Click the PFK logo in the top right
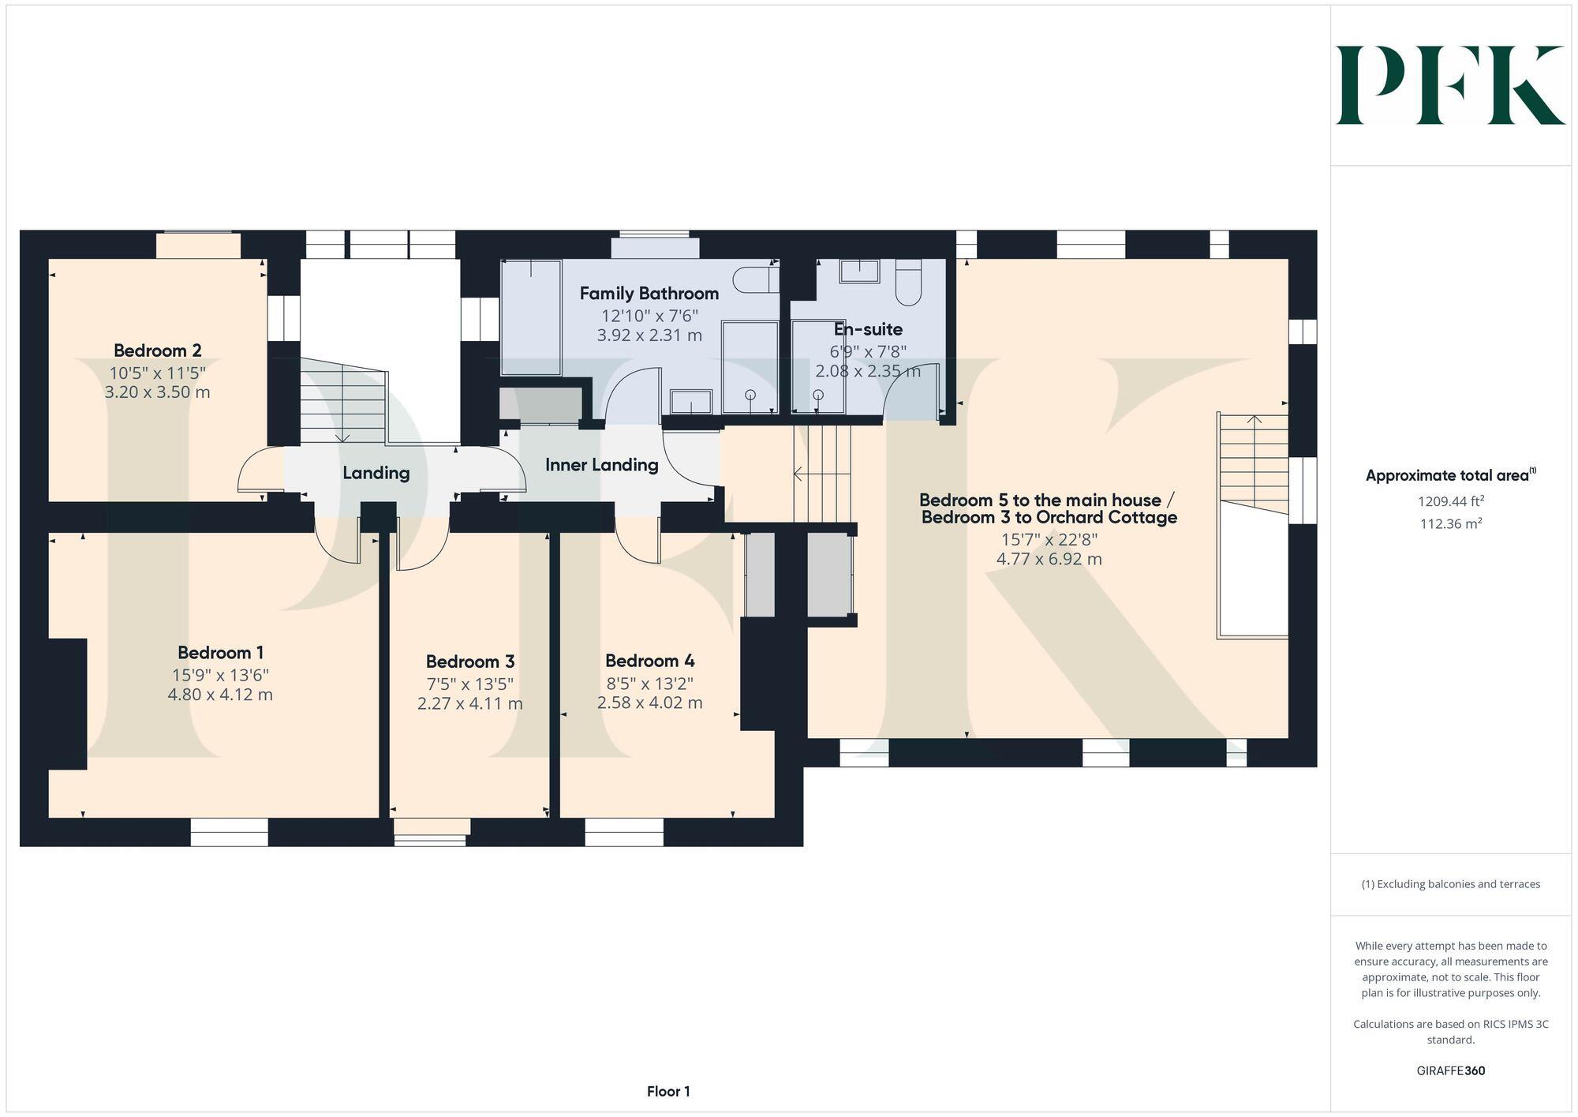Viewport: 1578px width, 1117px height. [1450, 85]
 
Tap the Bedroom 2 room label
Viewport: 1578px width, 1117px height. [158, 350]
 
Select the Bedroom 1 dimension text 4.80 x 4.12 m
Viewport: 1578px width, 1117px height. [220, 695]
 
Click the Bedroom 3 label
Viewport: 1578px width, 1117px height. [470, 662]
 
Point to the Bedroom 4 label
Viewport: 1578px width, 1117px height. [649, 661]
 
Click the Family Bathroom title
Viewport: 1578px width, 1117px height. [649, 294]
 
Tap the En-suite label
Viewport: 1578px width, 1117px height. [868, 329]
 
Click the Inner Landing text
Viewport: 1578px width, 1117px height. [601, 465]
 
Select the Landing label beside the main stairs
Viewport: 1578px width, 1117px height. [376, 473]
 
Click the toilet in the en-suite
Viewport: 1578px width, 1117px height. [908, 283]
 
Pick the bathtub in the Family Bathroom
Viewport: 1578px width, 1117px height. [531, 318]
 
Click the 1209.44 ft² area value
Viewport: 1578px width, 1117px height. [1450, 501]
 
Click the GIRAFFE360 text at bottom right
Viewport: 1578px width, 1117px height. [1450, 1071]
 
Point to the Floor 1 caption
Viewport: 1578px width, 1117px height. [668, 1092]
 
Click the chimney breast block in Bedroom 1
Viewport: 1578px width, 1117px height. [67, 703]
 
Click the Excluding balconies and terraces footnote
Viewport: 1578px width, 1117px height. [1450, 884]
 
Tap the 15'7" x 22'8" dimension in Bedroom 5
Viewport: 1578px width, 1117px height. [1049, 540]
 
